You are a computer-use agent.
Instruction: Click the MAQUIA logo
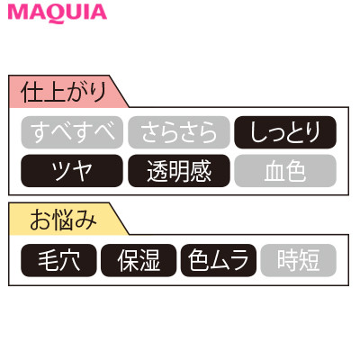(58, 13)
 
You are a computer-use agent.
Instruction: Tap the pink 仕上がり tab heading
(65, 91)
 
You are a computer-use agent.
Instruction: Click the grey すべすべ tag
(72, 132)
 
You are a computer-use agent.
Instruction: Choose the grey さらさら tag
(179, 132)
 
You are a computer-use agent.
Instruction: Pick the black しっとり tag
(285, 132)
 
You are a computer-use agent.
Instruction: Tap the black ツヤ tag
(72, 171)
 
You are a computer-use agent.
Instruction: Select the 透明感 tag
(179, 171)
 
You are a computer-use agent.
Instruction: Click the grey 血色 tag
(285, 171)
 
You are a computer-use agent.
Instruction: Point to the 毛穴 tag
(58, 260)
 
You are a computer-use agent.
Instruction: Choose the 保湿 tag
(139, 260)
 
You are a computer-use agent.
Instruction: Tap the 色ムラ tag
(219, 260)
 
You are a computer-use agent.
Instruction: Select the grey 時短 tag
(299, 260)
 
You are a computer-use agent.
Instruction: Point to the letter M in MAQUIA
(18, 13)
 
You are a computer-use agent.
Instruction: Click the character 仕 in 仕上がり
(31, 92)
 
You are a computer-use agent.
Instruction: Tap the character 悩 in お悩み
(63, 220)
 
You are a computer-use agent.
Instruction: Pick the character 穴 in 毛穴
(69, 260)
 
